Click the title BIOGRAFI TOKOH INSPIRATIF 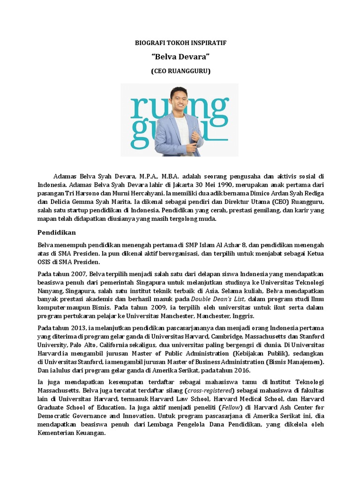coord(180,43)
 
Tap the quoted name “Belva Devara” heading coord(180,57)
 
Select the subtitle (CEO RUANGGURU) coord(180,71)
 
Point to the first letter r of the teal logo coord(137,108)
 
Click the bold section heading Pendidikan coord(56,232)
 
